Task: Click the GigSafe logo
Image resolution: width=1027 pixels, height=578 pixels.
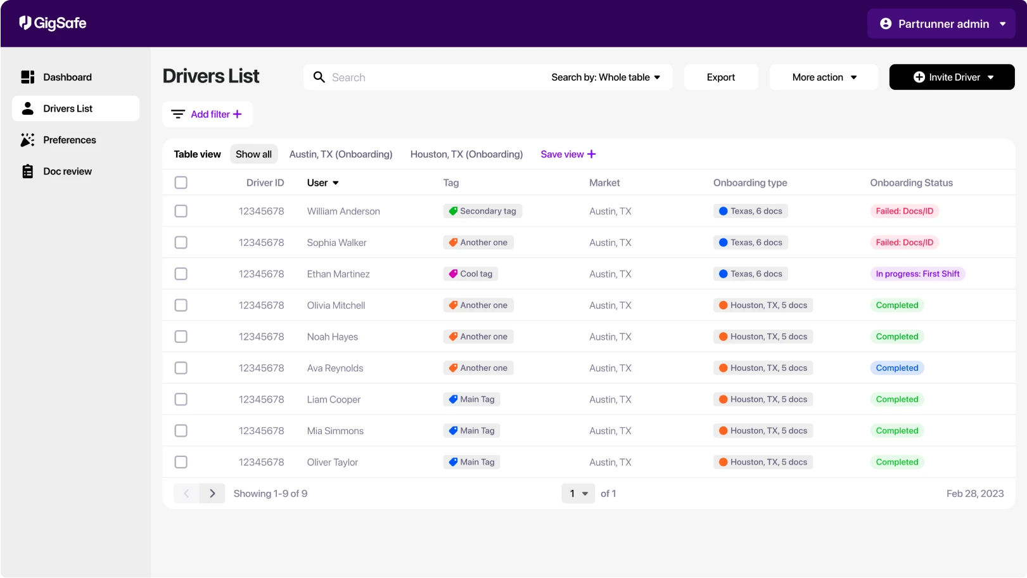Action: (x=53, y=23)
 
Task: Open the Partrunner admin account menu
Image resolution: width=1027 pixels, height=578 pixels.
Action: (x=941, y=24)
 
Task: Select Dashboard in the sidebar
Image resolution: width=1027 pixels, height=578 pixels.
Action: (x=67, y=77)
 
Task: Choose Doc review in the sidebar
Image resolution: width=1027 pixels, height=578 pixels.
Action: (x=67, y=172)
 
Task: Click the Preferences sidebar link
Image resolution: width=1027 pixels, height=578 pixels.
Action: (x=69, y=140)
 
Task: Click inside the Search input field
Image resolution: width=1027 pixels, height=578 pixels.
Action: (x=424, y=77)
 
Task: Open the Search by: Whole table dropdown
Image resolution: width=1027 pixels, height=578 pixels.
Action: (x=605, y=77)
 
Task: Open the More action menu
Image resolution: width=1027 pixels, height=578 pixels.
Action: (x=824, y=77)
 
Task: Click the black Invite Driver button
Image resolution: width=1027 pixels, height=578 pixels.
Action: (x=952, y=77)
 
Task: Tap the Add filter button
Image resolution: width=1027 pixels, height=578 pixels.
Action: (x=207, y=115)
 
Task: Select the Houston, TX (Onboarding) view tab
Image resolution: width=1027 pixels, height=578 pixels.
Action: (x=466, y=155)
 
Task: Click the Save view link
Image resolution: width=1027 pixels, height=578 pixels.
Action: (x=568, y=155)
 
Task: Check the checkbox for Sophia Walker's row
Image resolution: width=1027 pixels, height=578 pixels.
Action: (x=181, y=243)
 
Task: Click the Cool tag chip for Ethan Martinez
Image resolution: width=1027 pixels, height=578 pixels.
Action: (x=471, y=274)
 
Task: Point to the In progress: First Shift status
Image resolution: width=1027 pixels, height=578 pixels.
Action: (x=917, y=274)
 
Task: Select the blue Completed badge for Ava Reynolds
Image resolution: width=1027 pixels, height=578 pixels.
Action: (x=896, y=368)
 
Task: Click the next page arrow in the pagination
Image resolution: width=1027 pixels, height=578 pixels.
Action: (x=212, y=494)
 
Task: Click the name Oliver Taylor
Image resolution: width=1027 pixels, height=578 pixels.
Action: (x=332, y=463)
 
